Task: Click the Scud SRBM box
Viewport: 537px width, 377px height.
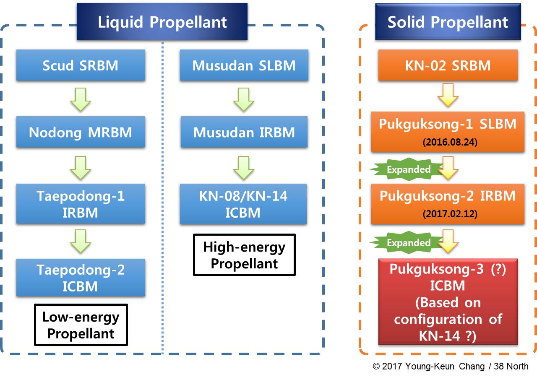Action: (x=81, y=65)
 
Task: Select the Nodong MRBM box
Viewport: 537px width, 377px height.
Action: (x=81, y=132)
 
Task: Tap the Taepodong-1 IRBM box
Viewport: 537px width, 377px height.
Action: (x=81, y=204)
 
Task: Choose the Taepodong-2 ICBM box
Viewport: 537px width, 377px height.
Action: (x=81, y=278)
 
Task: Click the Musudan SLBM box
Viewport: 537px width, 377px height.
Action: (x=244, y=65)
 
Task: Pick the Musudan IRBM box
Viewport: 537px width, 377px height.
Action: (x=244, y=132)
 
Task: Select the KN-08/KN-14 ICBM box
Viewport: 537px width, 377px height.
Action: (x=243, y=204)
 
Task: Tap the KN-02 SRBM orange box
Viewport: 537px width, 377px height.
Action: (x=448, y=65)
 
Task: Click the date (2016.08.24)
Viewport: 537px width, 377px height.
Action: (x=450, y=142)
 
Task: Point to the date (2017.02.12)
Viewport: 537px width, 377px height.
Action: (x=450, y=214)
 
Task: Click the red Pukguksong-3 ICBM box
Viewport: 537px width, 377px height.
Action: (x=448, y=302)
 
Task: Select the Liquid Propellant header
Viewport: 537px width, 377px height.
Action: (x=162, y=21)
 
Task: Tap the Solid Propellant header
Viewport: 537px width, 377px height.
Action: (x=448, y=21)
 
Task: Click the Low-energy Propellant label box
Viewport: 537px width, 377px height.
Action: (x=81, y=325)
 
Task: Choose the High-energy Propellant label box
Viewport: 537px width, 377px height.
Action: (x=244, y=255)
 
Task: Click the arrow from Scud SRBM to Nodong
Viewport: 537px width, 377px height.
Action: (x=81, y=99)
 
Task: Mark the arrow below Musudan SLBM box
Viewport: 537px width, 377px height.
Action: (x=244, y=99)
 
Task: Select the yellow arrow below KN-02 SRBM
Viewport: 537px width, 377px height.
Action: (x=448, y=95)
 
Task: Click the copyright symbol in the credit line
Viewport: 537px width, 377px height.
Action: (x=376, y=366)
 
